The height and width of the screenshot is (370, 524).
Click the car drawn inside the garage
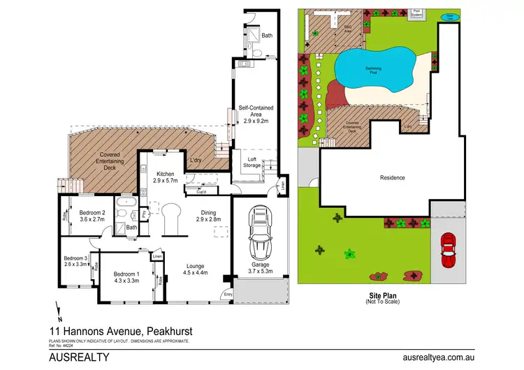261,232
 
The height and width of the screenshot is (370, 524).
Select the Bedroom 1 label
127,277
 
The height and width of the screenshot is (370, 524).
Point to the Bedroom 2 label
92,216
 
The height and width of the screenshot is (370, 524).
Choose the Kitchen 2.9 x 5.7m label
166,177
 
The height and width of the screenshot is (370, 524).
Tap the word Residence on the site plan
392,177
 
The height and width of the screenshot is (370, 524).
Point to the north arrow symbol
58,308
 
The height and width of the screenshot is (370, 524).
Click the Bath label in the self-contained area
267,35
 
